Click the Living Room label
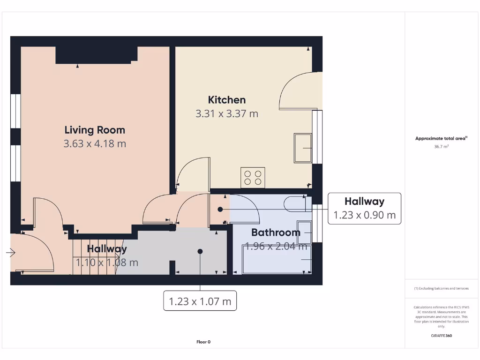pyautogui.click(x=95, y=130)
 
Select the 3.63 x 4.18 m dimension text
pyautogui.click(x=95, y=143)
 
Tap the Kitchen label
pyautogui.click(x=227, y=100)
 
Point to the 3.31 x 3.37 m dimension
pyautogui.click(x=227, y=113)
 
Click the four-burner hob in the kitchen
pyautogui.click(x=253, y=178)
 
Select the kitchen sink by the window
pyautogui.click(x=303, y=148)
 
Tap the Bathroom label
pyautogui.click(x=276, y=232)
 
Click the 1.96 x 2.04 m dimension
pyautogui.click(x=276, y=246)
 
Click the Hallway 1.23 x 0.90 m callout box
pyautogui.click(x=364, y=208)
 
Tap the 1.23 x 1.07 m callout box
pyautogui.click(x=200, y=301)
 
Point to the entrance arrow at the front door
pyautogui.click(x=11, y=253)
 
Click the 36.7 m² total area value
pyautogui.click(x=441, y=147)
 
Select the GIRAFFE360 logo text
pyautogui.click(x=441, y=336)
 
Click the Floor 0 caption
pyautogui.click(x=203, y=342)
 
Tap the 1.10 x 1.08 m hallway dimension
pyautogui.click(x=107, y=262)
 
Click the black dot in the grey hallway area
pyautogui.click(x=200, y=251)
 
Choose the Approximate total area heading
pyautogui.click(x=441, y=138)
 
